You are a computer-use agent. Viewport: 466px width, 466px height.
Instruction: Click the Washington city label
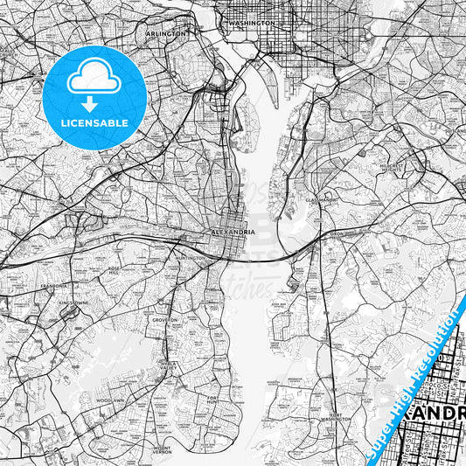[x=251, y=23]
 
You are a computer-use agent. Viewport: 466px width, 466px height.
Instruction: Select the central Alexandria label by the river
[x=234, y=232]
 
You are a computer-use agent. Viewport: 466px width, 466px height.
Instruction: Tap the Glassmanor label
[x=321, y=200]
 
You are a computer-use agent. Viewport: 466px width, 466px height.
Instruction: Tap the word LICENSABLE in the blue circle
[x=94, y=124]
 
